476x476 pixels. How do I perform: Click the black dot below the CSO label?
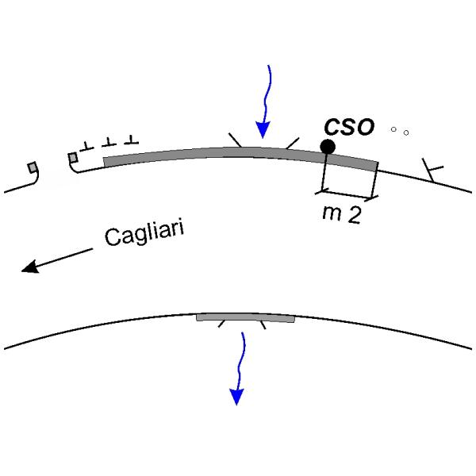point(327,146)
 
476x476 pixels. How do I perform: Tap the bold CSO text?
point(349,127)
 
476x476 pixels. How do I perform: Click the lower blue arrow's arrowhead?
point(236,396)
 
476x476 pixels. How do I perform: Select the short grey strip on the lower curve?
point(245,317)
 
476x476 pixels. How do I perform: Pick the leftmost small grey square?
point(32,167)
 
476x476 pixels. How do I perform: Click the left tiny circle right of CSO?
point(393,129)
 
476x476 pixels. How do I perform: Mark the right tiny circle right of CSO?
point(406,132)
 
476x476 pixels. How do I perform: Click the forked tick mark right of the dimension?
point(433,170)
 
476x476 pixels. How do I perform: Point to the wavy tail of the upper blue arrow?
point(268,87)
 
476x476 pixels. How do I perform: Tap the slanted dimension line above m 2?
point(347,194)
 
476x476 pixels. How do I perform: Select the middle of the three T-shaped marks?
point(109,142)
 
